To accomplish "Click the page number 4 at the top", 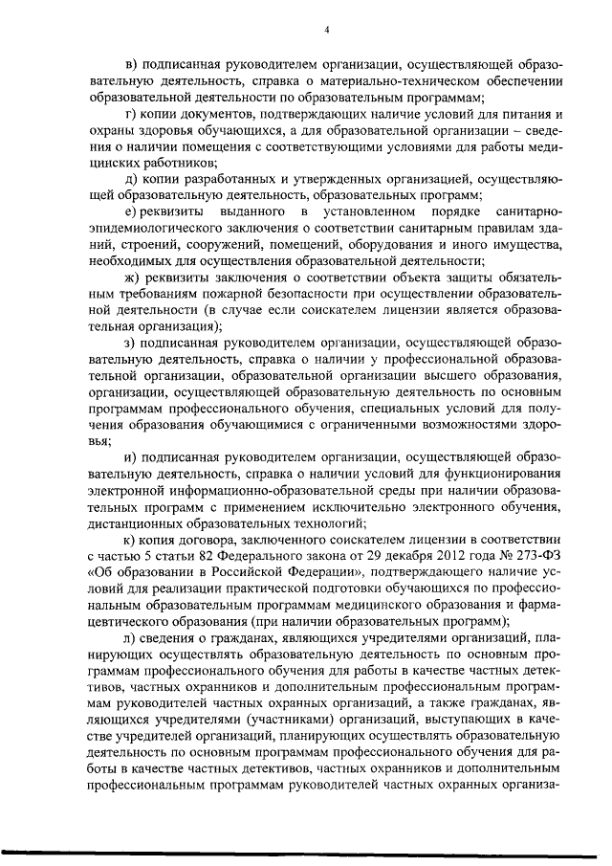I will (x=326, y=29).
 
